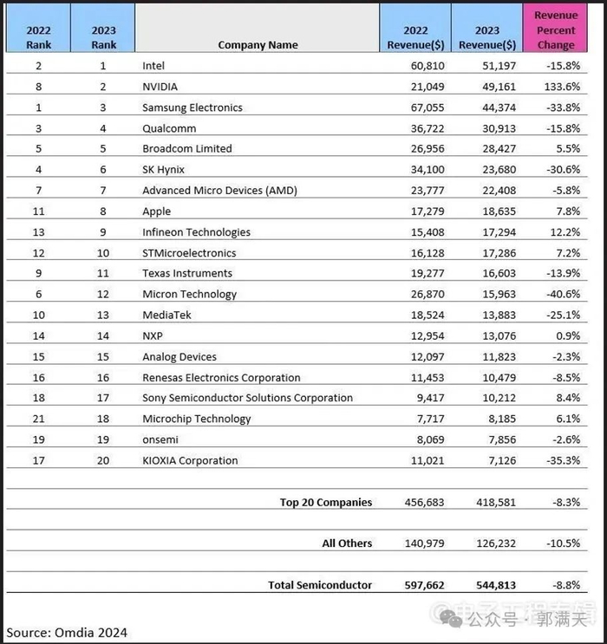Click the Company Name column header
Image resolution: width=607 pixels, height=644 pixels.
point(258,45)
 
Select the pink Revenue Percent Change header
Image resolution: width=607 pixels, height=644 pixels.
point(556,30)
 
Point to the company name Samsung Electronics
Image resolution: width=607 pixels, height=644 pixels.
point(193,107)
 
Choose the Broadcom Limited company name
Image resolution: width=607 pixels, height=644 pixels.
point(187,148)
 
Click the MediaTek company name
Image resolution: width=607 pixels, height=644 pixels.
point(166,315)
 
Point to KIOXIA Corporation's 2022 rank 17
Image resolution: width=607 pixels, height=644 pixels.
point(37,460)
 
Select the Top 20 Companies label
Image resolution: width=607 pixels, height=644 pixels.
point(326,502)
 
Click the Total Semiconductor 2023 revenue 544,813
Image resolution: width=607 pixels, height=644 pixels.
point(495,585)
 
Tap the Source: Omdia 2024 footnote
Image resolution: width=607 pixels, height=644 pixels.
point(67,632)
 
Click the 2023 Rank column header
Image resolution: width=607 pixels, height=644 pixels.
point(103,37)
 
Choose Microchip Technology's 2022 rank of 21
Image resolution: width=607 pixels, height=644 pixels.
point(37,419)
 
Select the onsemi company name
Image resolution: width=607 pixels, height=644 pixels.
point(161,439)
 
